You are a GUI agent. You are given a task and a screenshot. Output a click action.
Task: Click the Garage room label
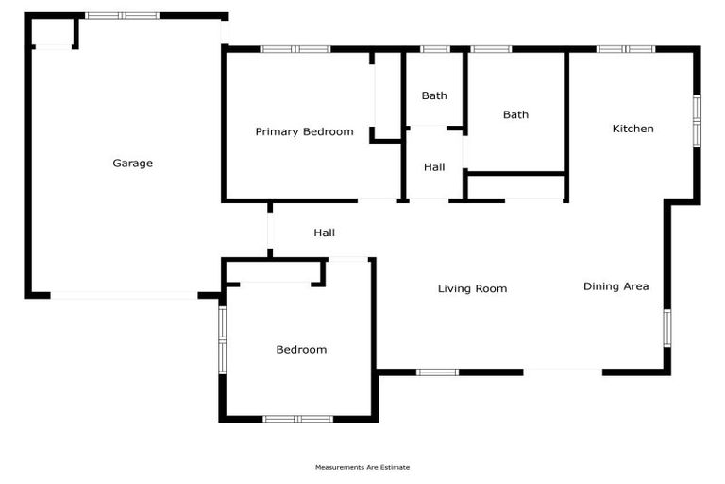pos(133,164)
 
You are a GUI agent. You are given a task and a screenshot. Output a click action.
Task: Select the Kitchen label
pos(632,129)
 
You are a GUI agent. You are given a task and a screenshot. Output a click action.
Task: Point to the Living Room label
pos(472,288)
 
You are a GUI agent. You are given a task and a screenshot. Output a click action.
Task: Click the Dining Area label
pos(615,286)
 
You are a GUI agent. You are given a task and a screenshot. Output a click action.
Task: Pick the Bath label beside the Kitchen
pos(515,115)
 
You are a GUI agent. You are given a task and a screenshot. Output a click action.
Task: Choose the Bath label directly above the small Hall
pos(434,95)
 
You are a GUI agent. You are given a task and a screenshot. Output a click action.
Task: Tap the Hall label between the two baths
pos(434,167)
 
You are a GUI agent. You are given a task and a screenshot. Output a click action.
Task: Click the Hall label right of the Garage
pos(324,233)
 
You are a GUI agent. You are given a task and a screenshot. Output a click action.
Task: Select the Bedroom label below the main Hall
pos(301,350)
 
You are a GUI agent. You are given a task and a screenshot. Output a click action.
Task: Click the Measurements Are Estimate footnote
pos(362,467)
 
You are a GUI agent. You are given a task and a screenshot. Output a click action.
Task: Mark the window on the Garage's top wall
pos(122,16)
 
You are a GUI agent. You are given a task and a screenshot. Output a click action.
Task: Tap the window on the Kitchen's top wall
pos(626,48)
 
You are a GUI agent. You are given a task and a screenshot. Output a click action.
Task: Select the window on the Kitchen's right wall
pos(697,120)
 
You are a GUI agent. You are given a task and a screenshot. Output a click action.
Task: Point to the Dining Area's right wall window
pos(666,327)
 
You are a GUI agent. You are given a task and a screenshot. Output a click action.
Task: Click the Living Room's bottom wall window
pos(438,372)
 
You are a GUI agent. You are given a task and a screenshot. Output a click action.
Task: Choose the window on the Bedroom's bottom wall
pos(297,418)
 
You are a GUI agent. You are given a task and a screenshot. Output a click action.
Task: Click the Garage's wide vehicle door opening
pos(124,296)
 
